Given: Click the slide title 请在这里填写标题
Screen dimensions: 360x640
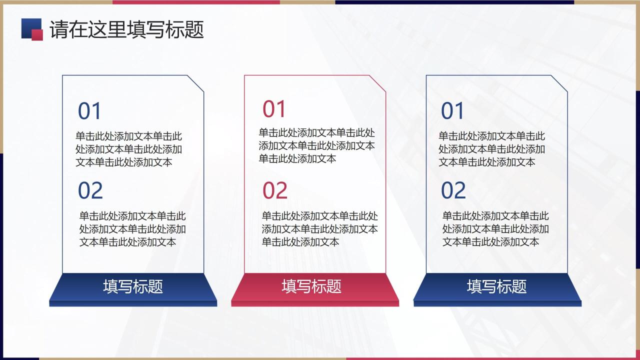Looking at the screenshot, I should click(x=126, y=30).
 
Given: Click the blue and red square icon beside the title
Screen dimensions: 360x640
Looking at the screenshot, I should click(x=32, y=29).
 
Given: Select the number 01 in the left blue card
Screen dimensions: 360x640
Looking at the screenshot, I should click(x=90, y=111).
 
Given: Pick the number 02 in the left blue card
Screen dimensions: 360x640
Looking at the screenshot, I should click(x=90, y=190).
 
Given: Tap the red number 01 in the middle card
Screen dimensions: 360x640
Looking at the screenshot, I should click(x=274, y=109).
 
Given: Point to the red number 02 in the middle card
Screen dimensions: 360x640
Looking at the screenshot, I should click(x=275, y=190).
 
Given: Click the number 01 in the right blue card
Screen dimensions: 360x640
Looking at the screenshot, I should click(x=453, y=111).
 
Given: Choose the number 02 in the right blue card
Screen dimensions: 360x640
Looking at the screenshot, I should click(x=453, y=190).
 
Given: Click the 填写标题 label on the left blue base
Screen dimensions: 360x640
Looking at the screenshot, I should click(x=133, y=286).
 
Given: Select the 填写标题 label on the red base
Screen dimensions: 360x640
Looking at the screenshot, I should click(x=311, y=286).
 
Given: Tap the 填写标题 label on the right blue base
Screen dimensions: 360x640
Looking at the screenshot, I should click(x=497, y=286).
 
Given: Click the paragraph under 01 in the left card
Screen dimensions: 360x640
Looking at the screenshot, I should click(x=129, y=149).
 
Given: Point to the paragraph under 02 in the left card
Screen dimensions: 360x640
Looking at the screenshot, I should click(x=132, y=229).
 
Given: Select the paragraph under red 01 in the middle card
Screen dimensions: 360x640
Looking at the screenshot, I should click(x=316, y=145).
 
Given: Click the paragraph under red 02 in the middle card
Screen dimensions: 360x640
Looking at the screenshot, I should click(x=320, y=229).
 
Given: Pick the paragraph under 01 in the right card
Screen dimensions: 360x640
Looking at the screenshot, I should click(x=492, y=149).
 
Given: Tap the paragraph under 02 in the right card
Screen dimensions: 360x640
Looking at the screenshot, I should click(x=495, y=229).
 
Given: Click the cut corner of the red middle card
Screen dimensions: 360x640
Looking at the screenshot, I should click(x=378, y=83).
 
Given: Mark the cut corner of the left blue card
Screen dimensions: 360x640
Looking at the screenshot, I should click(x=196, y=83).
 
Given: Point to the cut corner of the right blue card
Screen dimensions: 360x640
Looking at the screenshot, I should click(x=560, y=83).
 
